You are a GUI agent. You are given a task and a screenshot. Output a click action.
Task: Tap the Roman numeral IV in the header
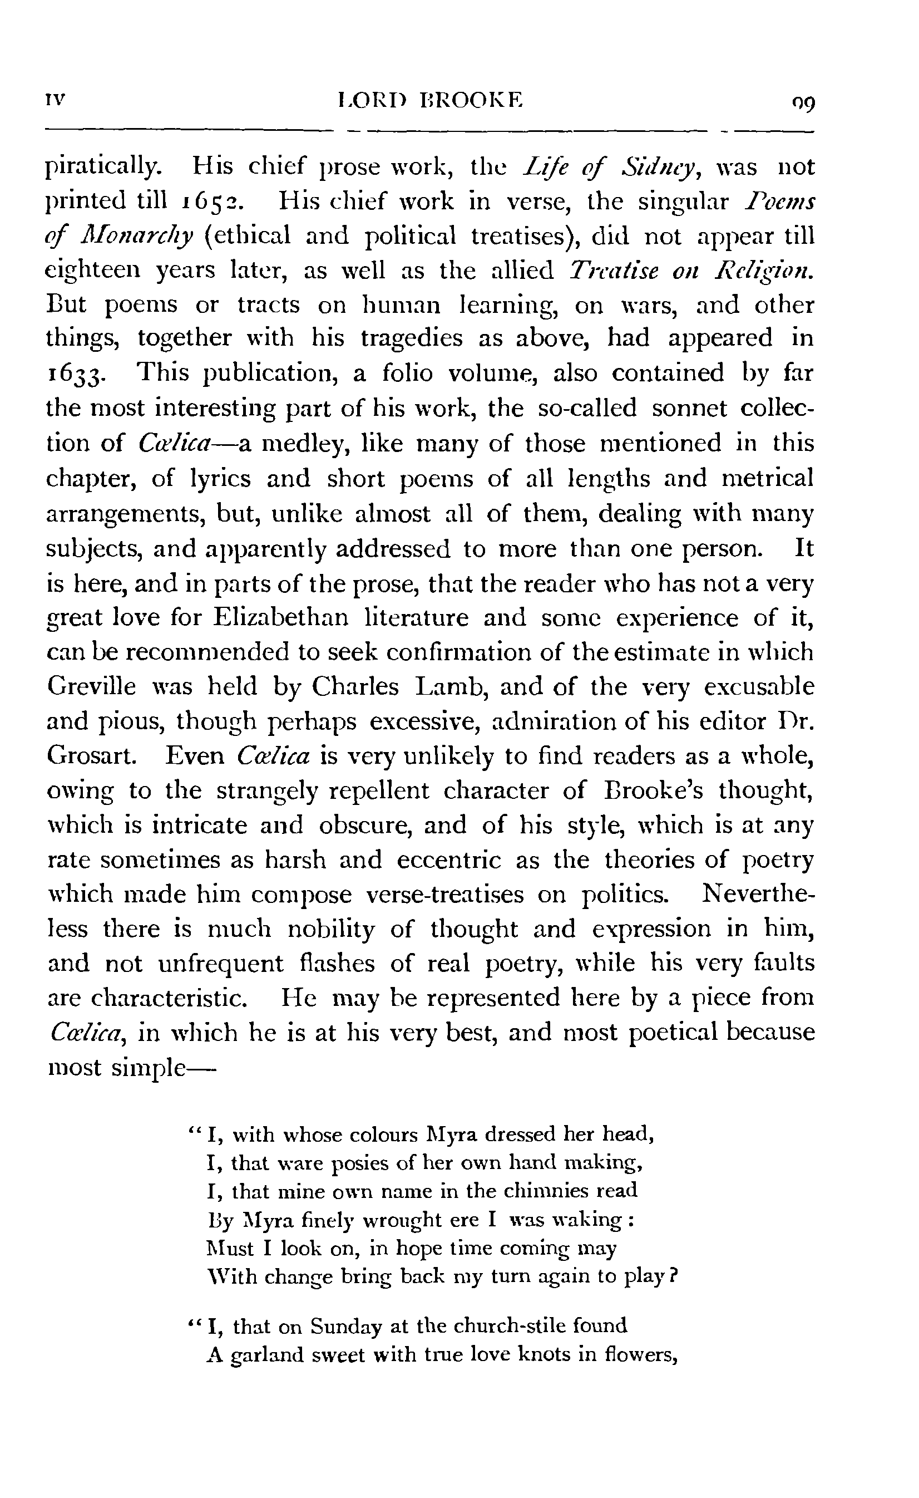click(x=55, y=99)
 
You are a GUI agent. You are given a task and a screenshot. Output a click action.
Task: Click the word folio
click(x=407, y=373)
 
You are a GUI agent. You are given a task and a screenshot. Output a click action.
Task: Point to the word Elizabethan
click(x=281, y=618)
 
